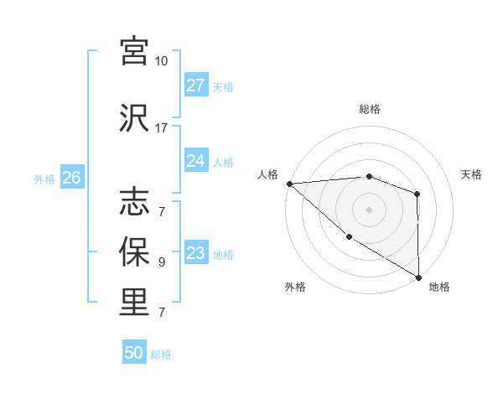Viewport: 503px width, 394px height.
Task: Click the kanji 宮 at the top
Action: [x=134, y=51]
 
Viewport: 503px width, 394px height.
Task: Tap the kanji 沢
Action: [x=134, y=117]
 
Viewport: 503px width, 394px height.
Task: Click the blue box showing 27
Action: [x=195, y=86]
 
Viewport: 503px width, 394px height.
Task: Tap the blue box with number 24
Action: [x=195, y=161]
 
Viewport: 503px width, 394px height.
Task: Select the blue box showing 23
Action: [x=195, y=253]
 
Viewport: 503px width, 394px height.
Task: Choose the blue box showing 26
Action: [x=71, y=178]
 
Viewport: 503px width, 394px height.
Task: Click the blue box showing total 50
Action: [x=134, y=353]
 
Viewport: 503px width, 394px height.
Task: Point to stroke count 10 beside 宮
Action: [x=161, y=61]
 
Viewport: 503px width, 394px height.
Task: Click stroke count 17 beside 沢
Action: [x=161, y=128]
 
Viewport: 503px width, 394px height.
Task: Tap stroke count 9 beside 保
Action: [x=162, y=262]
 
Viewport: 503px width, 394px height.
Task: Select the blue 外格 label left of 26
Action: [x=44, y=179]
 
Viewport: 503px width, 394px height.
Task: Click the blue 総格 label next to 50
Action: [x=161, y=355]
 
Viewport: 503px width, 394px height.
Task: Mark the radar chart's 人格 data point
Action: [x=289, y=184]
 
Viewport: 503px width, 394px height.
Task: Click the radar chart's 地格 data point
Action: [x=418, y=277]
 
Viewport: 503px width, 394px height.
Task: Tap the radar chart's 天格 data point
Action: [x=417, y=194]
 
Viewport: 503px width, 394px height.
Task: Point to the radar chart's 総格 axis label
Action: [x=369, y=109]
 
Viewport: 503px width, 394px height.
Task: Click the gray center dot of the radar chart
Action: [x=369, y=209]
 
